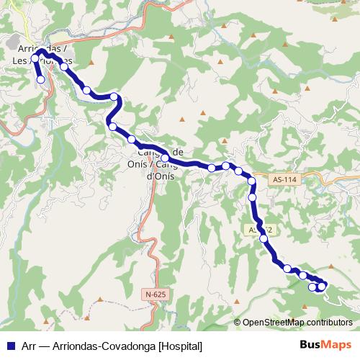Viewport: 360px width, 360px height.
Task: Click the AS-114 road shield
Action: coord(286,179)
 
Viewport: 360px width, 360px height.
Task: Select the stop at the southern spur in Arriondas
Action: coord(40,80)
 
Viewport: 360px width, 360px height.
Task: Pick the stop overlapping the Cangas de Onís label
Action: coord(165,158)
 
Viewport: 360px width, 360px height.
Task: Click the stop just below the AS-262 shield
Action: coord(264,238)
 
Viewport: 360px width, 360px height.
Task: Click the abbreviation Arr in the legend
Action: coord(28,346)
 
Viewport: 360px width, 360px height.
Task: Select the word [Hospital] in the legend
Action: coord(180,346)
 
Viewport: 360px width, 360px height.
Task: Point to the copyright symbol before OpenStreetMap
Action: coord(238,323)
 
